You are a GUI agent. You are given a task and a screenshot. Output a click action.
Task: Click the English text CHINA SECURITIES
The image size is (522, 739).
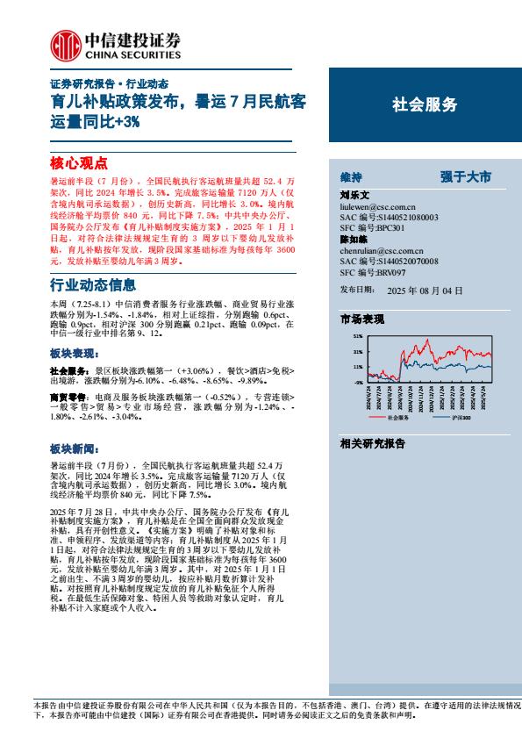tap(132, 52)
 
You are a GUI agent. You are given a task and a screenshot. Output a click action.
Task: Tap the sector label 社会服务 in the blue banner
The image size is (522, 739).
tap(424, 105)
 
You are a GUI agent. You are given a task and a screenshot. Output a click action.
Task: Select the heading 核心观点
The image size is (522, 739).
tap(78, 162)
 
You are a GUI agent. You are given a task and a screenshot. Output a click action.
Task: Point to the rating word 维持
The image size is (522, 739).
tap(350, 176)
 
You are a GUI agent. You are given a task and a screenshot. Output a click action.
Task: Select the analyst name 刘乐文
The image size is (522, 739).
tap(354, 195)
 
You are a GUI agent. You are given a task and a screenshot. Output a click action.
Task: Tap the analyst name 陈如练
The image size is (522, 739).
tap(354, 239)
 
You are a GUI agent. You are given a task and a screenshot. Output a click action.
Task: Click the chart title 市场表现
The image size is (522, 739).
tap(362, 320)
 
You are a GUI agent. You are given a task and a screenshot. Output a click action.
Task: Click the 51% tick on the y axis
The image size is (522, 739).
tap(357, 336)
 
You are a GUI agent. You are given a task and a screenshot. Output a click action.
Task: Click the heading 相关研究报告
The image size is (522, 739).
tap(373, 444)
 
